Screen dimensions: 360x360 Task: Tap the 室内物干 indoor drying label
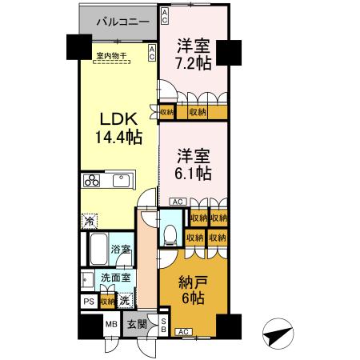(110, 56)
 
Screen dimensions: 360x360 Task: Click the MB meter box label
(112, 325)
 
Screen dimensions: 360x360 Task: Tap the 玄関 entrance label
(137, 325)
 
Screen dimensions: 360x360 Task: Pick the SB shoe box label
(163, 324)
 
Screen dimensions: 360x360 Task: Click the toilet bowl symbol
(170, 233)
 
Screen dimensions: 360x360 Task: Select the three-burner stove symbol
(90, 180)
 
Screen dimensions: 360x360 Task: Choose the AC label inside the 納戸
(182, 331)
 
